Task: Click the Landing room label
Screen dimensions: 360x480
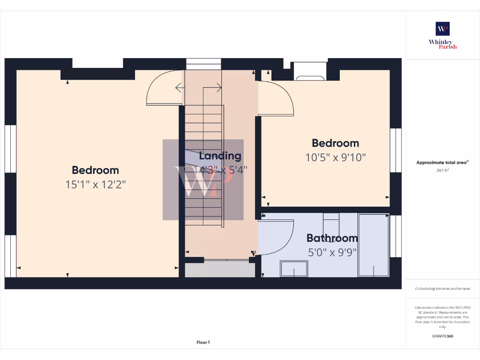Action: pos(220,156)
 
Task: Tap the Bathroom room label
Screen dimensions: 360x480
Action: pos(332,238)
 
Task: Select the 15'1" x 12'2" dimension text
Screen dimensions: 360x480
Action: pos(96,185)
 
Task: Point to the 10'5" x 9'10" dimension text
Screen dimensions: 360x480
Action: pos(335,157)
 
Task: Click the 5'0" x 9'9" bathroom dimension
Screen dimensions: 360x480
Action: pos(332,252)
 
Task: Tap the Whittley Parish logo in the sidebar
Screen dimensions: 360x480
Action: pos(442,35)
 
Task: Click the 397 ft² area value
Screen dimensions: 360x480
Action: pos(442,170)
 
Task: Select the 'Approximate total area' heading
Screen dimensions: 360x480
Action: pos(442,163)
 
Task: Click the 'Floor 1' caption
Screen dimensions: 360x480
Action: pos(203,343)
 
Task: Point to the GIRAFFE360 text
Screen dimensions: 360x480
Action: pos(442,336)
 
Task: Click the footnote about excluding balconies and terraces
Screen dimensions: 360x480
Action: pos(442,289)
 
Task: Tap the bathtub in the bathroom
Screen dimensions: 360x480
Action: pos(374,245)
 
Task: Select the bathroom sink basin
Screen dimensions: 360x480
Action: pos(294,269)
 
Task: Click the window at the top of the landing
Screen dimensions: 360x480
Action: pos(203,64)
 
